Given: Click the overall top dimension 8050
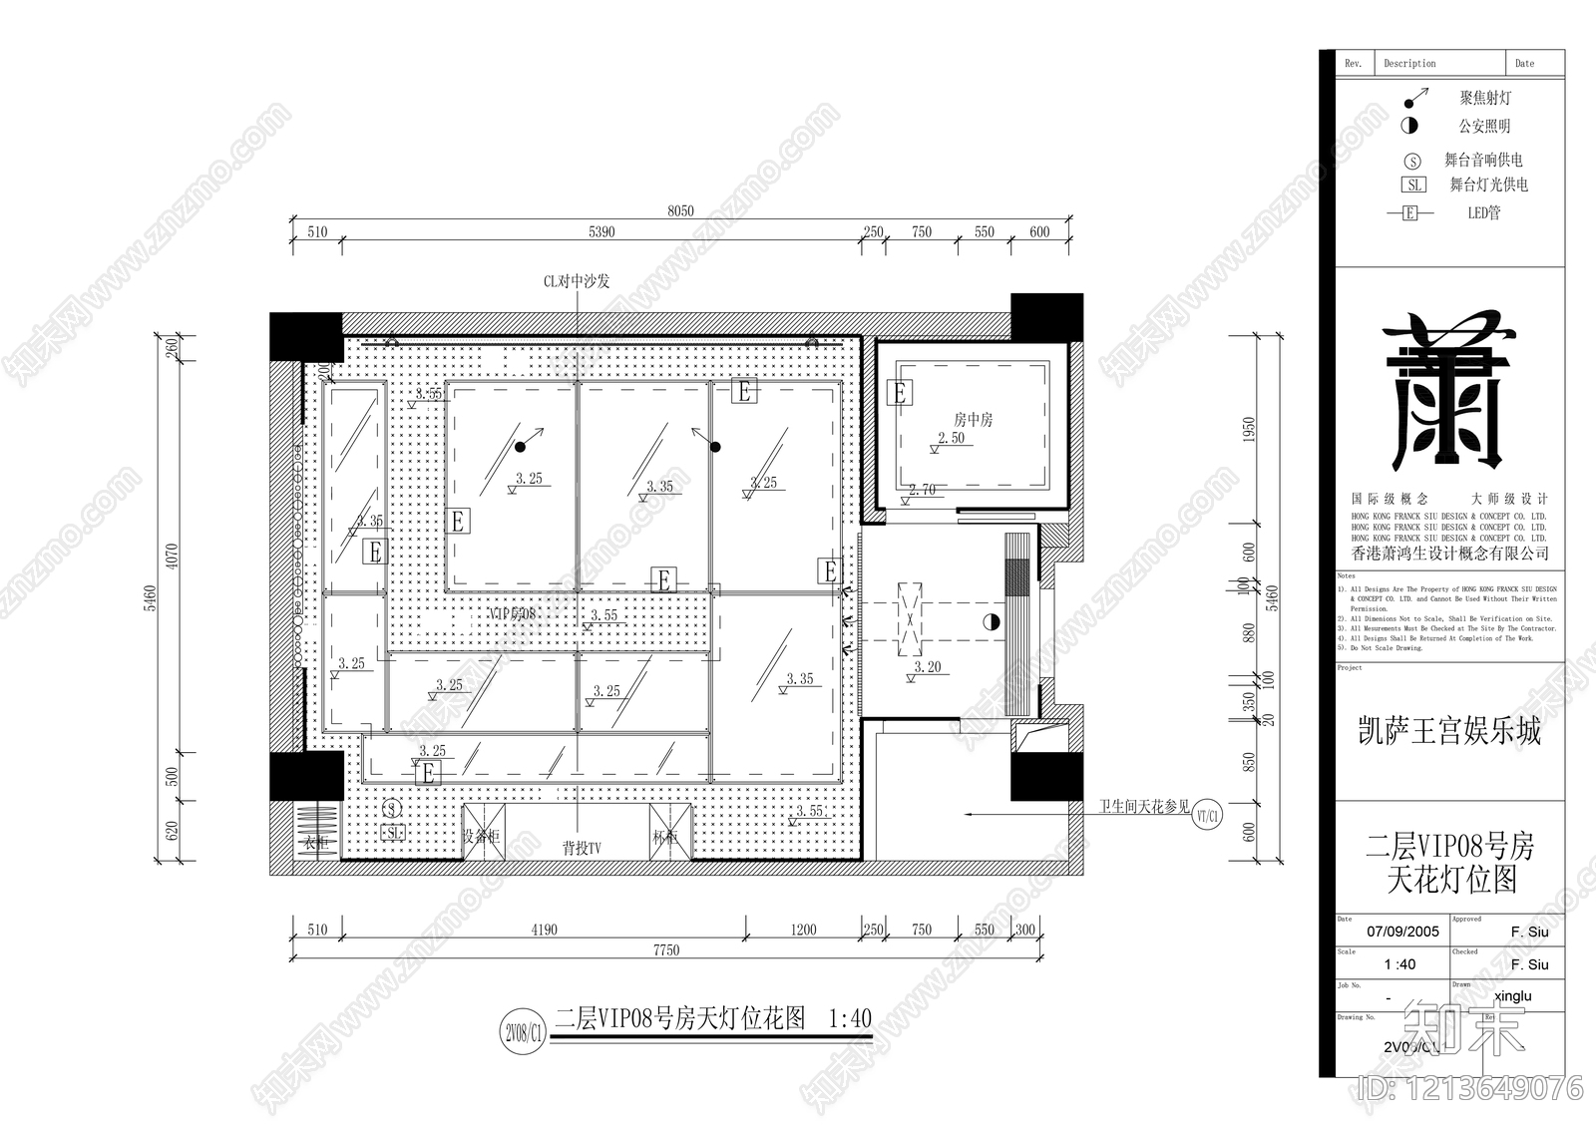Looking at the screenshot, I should coord(680,210).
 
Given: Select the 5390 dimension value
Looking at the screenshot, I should coord(601,231).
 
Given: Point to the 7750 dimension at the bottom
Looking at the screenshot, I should coord(666,950).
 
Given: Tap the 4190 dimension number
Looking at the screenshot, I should coord(544,930).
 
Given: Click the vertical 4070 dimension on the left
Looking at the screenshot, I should coord(171,563).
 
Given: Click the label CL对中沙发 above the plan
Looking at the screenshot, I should coord(576,281).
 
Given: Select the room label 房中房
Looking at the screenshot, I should coord(973,420).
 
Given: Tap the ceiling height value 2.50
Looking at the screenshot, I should coord(951,438).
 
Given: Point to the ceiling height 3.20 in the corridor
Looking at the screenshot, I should coord(928,667).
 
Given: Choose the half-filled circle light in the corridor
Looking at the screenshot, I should coord(991,622).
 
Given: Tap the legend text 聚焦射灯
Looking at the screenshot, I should coord(1485,98).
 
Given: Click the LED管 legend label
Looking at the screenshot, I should coord(1483,212).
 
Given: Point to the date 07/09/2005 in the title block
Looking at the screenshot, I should coord(1402,932).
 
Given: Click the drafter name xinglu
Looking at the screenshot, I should coord(1513,995).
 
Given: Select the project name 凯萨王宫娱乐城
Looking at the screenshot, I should coord(1449,731).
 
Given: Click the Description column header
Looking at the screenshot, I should coord(1409,63).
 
